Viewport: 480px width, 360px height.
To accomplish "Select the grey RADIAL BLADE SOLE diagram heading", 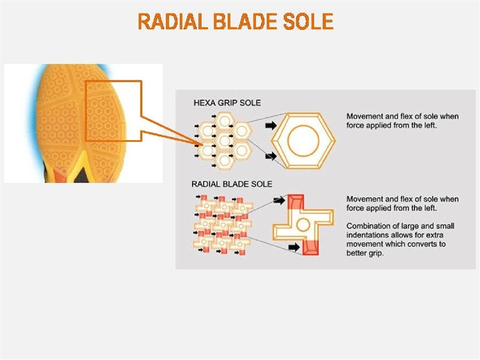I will point(231,184).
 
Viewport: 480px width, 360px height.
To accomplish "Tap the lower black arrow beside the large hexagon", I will point(271,156).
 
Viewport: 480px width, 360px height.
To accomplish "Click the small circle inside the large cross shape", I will point(303,225).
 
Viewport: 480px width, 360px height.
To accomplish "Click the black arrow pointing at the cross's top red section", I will point(279,201).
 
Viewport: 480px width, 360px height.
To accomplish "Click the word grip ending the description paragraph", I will point(375,253).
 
